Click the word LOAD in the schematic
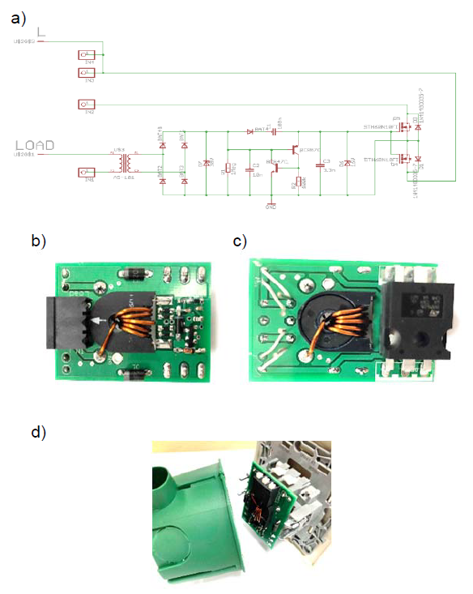pos(38,145)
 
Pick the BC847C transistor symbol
pos(275,167)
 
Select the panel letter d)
pos(37,433)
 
